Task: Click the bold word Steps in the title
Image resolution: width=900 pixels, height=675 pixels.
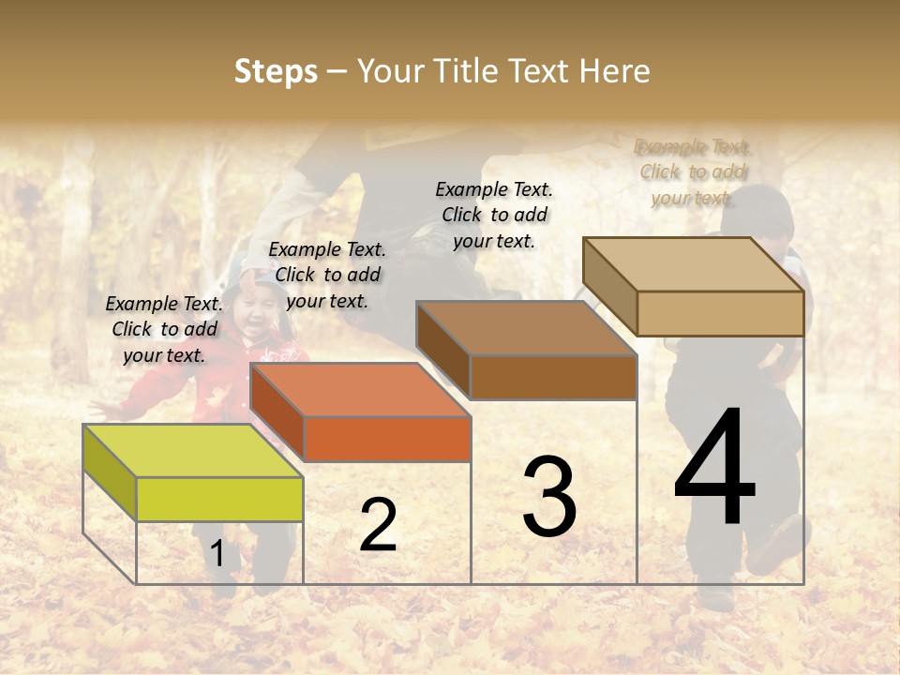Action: pyautogui.click(x=276, y=71)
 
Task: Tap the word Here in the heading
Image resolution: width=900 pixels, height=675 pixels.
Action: pyautogui.click(x=614, y=71)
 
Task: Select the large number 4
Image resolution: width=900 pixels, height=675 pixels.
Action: pyautogui.click(x=714, y=469)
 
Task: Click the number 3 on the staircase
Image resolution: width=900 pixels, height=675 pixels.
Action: pyautogui.click(x=549, y=497)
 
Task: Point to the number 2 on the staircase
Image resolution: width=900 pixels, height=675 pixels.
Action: pyautogui.click(x=378, y=525)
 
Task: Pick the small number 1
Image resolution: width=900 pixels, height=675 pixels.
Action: pyautogui.click(x=217, y=554)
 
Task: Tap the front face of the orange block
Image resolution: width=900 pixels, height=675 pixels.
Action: pyautogui.click(x=387, y=439)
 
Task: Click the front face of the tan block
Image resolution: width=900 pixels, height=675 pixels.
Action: pyautogui.click(x=720, y=313)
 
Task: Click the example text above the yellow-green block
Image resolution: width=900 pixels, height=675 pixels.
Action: pyautogui.click(x=164, y=329)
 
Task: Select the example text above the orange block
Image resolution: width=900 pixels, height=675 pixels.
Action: pyautogui.click(x=327, y=275)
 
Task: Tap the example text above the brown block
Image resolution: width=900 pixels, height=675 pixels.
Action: pyautogui.click(x=494, y=215)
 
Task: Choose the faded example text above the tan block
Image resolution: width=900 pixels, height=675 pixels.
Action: pyautogui.click(x=693, y=172)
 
